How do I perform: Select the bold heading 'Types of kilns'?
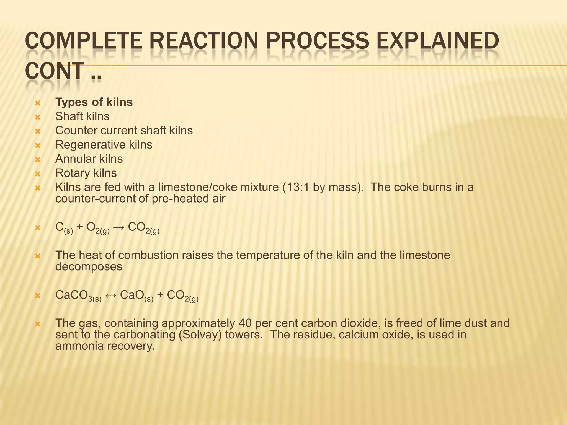pos(94,102)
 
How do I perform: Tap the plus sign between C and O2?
pos(80,227)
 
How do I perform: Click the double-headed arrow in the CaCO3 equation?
pos(110,295)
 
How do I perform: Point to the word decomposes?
pos(89,267)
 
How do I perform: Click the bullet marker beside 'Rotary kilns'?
pos(38,174)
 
